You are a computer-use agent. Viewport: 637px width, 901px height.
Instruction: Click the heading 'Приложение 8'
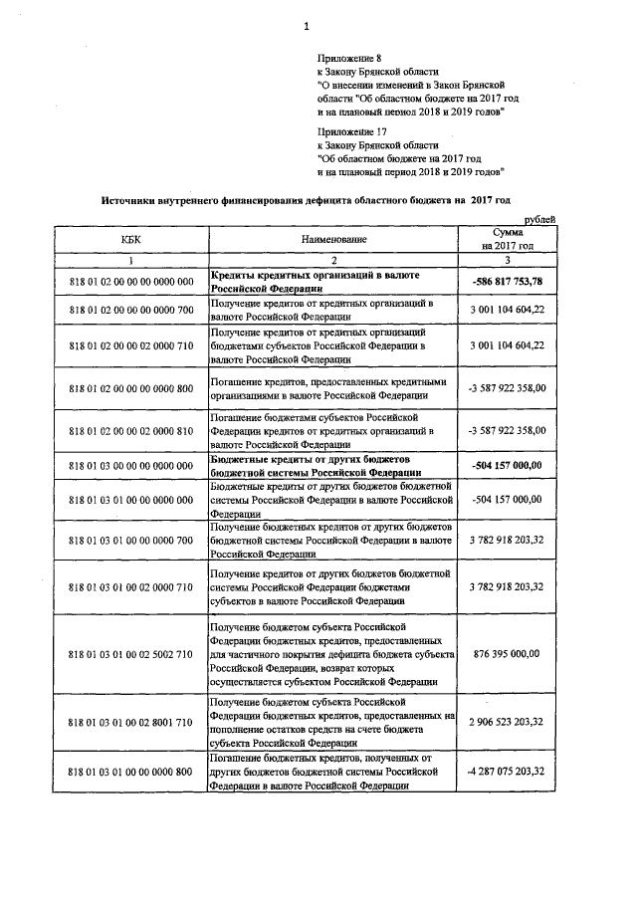click(x=346, y=60)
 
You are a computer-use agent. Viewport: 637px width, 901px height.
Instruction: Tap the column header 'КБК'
click(x=130, y=240)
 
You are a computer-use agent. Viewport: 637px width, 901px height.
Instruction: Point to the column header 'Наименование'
click(x=334, y=240)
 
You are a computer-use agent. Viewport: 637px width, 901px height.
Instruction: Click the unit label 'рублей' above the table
click(x=539, y=219)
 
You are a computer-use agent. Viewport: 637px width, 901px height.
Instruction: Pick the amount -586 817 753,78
click(x=508, y=282)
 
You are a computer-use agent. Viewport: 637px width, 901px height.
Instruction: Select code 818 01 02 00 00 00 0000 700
click(x=130, y=312)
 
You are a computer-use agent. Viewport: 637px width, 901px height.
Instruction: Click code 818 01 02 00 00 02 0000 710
click(x=130, y=344)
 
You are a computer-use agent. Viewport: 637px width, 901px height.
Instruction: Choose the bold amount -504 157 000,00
click(x=508, y=466)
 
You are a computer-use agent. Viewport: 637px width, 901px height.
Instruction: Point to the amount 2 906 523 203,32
click(x=508, y=721)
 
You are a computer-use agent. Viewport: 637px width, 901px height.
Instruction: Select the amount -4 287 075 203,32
click(x=508, y=771)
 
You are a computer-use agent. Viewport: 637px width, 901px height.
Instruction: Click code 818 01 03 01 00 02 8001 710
click(x=130, y=721)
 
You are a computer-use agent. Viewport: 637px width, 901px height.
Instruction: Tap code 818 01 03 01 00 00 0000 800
click(x=130, y=771)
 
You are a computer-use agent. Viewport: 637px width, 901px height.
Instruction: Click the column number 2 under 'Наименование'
click(x=334, y=260)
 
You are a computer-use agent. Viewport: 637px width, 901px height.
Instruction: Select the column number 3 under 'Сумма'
click(x=508, y=260)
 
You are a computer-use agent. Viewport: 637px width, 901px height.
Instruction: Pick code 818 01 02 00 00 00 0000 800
click(x=130, y=387)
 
